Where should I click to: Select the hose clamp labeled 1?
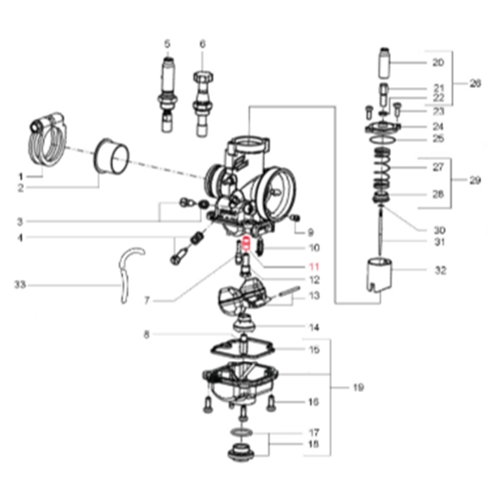49,140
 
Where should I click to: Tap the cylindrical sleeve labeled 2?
111,157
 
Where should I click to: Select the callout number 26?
475,83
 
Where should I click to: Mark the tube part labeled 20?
386,63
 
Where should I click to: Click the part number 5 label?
167,43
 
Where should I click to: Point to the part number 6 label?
202,43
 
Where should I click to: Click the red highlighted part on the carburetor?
246,247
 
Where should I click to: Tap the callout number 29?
475,180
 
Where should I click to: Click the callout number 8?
146,335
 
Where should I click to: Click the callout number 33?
19,285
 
